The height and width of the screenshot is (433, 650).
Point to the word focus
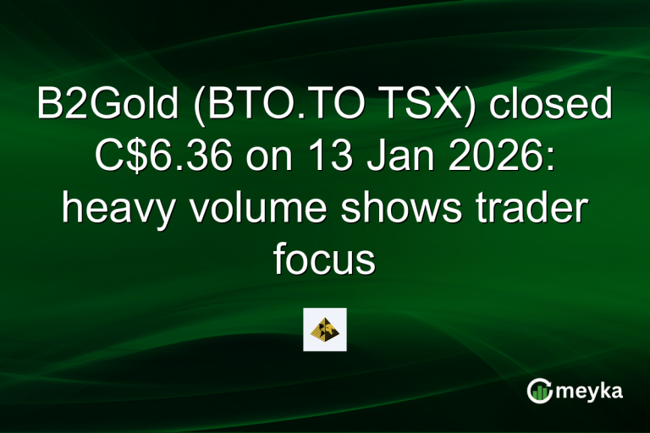(x=324, y=259)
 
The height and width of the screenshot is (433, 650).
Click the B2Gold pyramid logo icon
(x=324, y=330)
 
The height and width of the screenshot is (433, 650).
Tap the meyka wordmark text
(x=590, y=391)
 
